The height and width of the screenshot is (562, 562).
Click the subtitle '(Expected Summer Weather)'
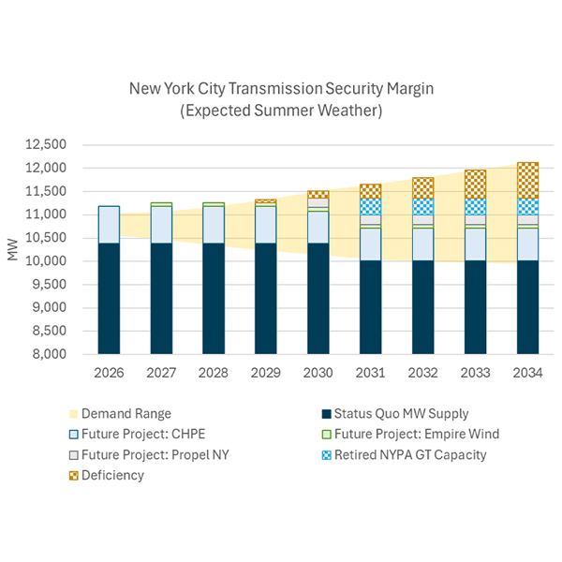point(282,110)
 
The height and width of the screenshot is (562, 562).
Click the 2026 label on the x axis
point(109,372)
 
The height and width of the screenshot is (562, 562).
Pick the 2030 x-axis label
point(318,372)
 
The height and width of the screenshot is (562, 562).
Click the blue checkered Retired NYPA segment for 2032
point(423,206)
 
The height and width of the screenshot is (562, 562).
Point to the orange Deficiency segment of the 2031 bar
point(371,191)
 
